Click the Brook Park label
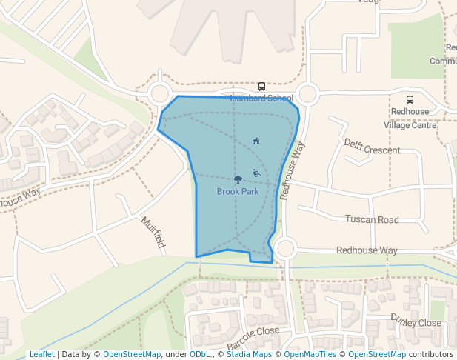238,191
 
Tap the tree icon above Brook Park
238,179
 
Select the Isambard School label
261,98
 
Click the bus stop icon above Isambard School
261,87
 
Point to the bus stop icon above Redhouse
410,99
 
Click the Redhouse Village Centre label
410,119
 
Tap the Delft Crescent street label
372,146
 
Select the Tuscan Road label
372,219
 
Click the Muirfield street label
152,232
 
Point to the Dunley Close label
416,323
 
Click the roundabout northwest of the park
159,94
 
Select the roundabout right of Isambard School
307,94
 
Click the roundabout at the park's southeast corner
285,249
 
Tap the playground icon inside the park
256,173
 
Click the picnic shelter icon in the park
256,141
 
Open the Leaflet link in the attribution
41,354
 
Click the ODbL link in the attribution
201,354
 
